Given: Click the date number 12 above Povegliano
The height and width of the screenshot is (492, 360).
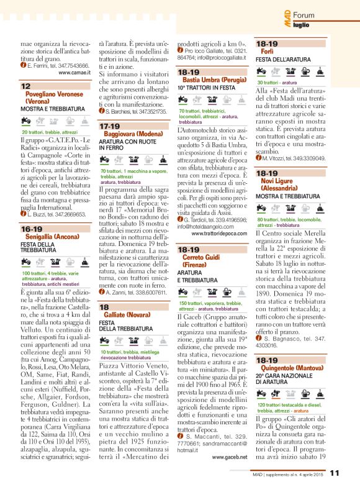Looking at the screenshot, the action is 27,86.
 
